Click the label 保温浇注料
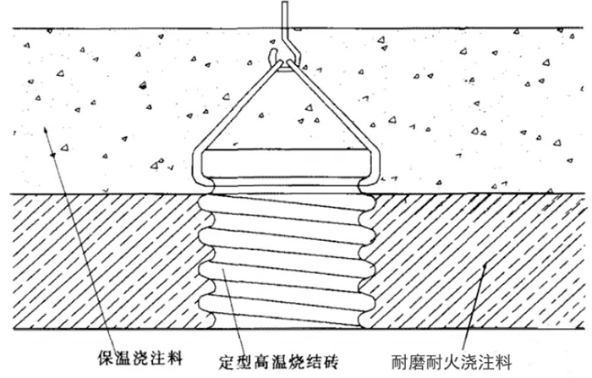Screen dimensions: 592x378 point(140,357)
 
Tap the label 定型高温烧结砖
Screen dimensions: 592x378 point(278,361)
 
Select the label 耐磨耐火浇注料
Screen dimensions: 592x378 point(451,361)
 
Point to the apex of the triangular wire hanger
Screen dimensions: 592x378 point(284,63)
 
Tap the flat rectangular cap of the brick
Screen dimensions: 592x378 point(285,163)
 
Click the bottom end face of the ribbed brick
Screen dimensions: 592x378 point(285,325)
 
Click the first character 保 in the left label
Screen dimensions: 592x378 point(106,357)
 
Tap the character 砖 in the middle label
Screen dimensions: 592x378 point(330,361)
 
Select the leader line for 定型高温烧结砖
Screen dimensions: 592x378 point(233,311)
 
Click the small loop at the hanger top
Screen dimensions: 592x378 point(275,57)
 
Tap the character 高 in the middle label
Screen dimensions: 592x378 point(261,361)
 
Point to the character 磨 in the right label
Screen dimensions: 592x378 point(416,361)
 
